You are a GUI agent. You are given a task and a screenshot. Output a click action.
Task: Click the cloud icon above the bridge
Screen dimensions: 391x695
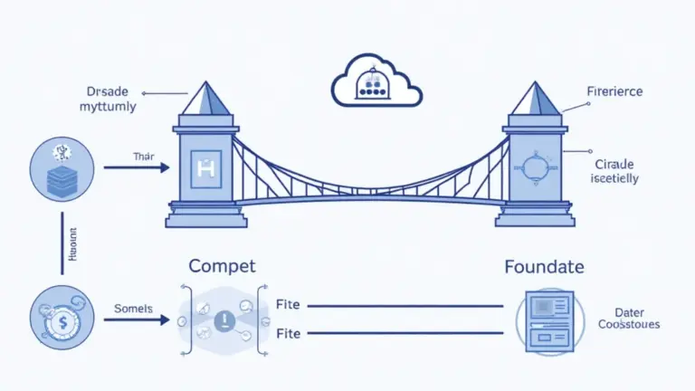click(376, 82)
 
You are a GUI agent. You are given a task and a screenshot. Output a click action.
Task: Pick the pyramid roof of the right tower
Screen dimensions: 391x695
click(533, 99)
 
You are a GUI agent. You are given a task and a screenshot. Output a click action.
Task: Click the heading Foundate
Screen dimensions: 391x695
click(543, 267)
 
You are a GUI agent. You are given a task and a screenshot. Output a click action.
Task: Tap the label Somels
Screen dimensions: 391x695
click(135, 308)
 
